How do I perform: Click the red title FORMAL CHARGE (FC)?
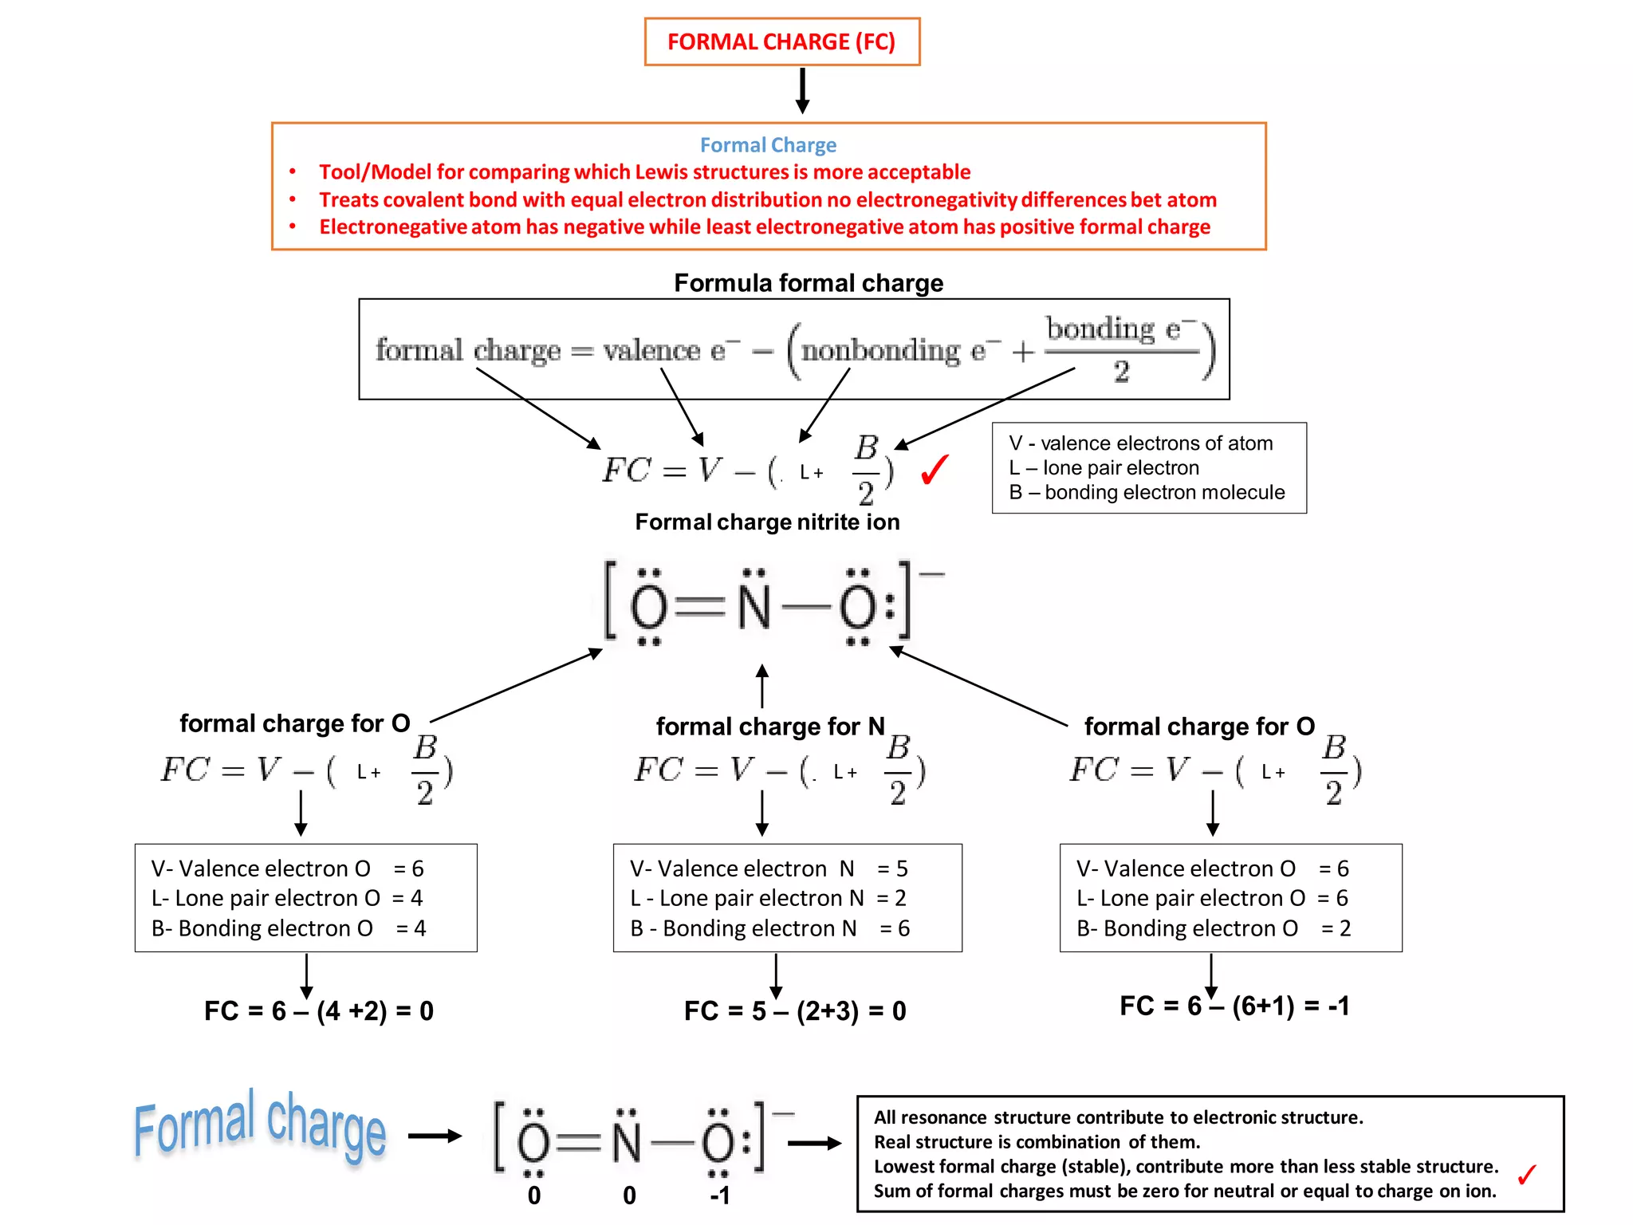[x=781, y=41]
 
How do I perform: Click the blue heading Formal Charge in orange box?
[x=768, y=145]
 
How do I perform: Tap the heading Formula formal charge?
[x=808, y=283]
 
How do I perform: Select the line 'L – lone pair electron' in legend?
[x=1104, y=468]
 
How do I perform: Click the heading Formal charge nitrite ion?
[x=767, y=522]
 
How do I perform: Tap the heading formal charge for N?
[x=770, y=727]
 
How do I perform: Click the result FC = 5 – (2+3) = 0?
[x=795, y=1011]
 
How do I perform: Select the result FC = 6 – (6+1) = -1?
[x=1234, y=1006]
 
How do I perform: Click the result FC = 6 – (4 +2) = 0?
[x=318, y=1011]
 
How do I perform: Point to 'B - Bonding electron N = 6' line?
[x=769, y=928]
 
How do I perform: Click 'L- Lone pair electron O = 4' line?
[x=287, y=899]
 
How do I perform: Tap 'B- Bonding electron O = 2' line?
[x=1212, y=928]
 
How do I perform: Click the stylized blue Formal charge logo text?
[x=259, y=1125]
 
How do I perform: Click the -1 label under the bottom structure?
[x=719, y=1195]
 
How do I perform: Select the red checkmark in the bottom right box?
[x=1526, y=1175]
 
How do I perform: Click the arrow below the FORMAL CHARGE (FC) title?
[x=803, y=90]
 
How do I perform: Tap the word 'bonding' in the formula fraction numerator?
[x=1100, y=329]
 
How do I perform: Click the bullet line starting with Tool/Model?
[x=644, y=172]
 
